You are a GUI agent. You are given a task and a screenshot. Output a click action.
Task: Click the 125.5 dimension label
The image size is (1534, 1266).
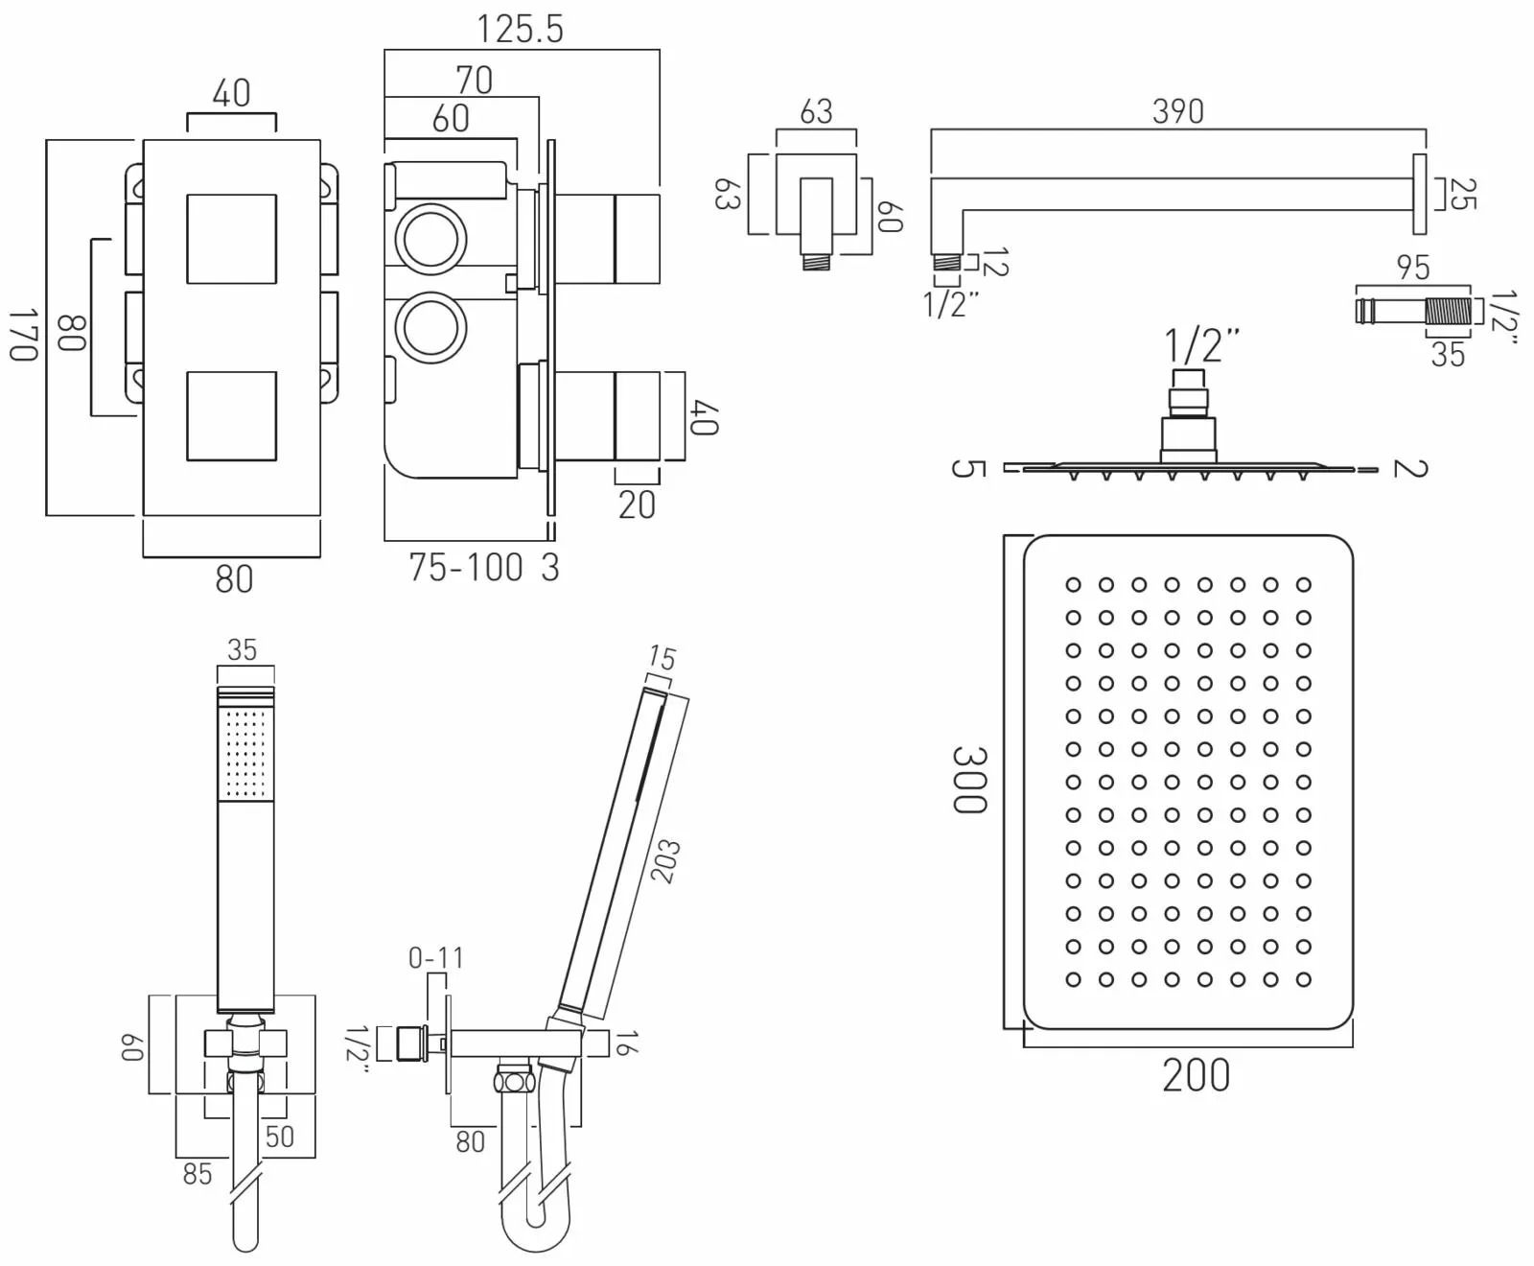pos(521,29)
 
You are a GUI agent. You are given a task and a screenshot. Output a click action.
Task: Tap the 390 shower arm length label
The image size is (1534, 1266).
pos(1177,111)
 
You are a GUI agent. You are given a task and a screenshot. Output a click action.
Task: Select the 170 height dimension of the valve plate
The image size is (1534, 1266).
pos(23,335)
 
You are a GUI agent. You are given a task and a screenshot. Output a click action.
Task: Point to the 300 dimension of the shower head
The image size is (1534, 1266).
pos(969,780)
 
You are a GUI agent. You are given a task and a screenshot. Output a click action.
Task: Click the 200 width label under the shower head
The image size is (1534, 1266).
pos(1196,1075)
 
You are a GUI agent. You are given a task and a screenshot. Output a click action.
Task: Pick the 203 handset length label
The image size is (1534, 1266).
pos(664,860)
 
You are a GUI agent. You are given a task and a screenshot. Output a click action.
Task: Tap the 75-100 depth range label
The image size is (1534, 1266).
pos(466,567)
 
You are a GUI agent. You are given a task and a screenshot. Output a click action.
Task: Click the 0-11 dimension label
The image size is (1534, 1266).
pos(436,957)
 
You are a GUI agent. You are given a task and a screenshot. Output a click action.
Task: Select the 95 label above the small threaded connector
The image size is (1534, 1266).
pos(1413,268)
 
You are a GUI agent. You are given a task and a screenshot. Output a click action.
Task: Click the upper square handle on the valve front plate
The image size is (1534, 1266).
pos(232,240)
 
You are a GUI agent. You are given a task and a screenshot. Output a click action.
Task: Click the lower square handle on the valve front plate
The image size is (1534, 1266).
pos(232,416)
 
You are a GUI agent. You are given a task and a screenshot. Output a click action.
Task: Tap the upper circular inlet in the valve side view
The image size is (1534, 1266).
pos(431,238)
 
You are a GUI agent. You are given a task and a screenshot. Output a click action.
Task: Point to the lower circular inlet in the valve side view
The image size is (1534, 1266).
pos(431,328)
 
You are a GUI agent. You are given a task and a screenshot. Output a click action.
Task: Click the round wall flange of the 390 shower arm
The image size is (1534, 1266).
pos(1419,194)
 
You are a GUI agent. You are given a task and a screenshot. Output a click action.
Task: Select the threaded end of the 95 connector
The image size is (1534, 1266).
pos(1447,312)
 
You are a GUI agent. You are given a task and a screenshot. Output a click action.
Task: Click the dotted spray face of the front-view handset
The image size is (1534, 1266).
pos(245,753)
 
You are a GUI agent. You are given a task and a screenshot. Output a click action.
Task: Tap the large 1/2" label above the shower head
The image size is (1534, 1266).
pos(1201,345)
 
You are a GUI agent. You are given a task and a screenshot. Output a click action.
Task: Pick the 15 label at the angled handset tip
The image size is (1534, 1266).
pos(662,658)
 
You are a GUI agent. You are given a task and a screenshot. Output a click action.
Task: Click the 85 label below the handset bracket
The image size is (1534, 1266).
pos(198,1173)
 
